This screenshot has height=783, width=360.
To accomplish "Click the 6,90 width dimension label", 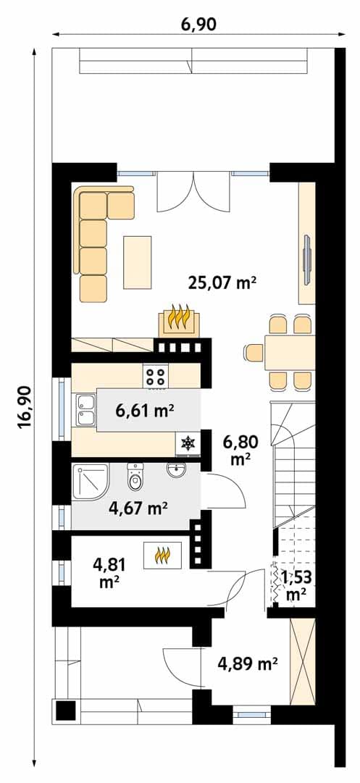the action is click(198, 23).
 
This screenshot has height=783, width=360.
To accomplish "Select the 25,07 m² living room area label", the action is click(222, 283).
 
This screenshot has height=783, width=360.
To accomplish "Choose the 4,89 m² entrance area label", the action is click(248, 663).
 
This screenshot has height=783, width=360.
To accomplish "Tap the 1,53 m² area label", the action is click(296, 585).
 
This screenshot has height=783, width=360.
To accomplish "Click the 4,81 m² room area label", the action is click(109, 573).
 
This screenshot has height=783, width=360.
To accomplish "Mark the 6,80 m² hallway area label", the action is click(240, 451).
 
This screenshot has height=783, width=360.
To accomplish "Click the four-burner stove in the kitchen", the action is click(156, 375).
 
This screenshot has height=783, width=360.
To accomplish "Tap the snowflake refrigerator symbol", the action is click(188, 443).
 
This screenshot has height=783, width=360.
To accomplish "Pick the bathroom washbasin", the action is click(176, 470).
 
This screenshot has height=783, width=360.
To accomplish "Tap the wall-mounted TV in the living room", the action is click(307, 259).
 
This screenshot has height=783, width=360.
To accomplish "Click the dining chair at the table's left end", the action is click(253, 353).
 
